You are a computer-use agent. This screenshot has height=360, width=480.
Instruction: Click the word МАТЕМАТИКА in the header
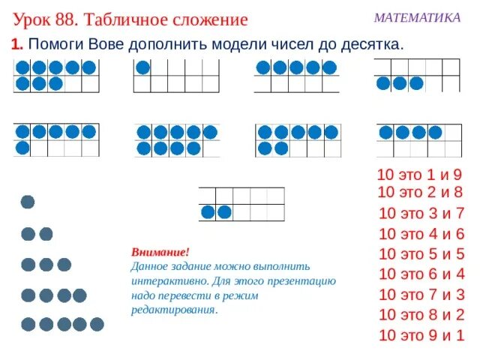[417, 17]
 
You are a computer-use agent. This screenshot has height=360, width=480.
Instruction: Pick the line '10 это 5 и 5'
[422, 253]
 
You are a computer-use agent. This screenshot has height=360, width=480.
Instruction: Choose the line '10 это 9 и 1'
[422, 335]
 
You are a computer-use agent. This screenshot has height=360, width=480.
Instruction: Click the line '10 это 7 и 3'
[422, 294]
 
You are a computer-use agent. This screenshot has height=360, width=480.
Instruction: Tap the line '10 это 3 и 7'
[422, 212]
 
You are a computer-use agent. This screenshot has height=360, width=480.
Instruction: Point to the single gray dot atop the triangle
[28, 202]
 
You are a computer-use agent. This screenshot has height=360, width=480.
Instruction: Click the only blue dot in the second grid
[142, 67]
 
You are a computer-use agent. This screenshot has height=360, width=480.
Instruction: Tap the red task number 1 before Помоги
[16, 45]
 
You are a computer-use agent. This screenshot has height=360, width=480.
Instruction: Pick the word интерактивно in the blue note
[162, 281]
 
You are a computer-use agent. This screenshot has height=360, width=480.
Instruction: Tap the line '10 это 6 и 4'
[422, 273]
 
